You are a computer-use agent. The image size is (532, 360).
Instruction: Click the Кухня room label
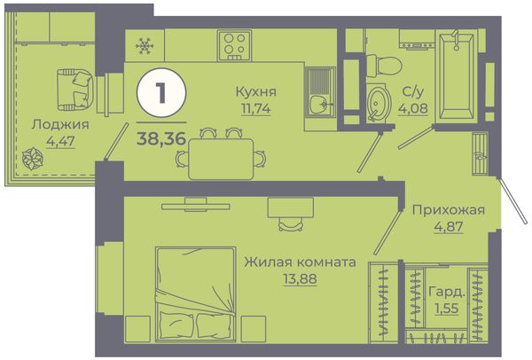(x=256, y=91)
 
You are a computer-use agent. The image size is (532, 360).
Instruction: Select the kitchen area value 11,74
(x=256, y=108)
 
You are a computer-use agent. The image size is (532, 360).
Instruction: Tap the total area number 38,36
(x=161, y=138)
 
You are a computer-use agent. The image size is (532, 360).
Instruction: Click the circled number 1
(x=161, y=92)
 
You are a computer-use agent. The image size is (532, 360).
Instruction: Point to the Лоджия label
(x=60, y=124)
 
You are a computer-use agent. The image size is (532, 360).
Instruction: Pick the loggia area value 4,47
(x=60, y=141)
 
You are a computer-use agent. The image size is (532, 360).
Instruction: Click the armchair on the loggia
(x=74, y=90)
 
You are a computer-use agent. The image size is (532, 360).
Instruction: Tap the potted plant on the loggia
(x=33, y=158)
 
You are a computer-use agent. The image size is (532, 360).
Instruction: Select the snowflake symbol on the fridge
(x=145, y=46)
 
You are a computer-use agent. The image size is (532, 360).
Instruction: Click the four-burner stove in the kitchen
(x=234, y=45)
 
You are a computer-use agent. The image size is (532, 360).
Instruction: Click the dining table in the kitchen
(x=221, y=159)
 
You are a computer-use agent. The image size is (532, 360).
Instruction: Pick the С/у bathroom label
(x=412, y=91)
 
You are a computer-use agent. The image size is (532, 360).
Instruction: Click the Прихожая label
(x=449, y=210)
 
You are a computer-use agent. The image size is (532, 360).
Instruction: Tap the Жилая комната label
(x=301, y=262)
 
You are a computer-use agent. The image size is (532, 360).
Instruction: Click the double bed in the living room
(x=196, y=294)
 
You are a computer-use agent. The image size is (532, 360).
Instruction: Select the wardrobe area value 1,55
(x=447, y=309)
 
